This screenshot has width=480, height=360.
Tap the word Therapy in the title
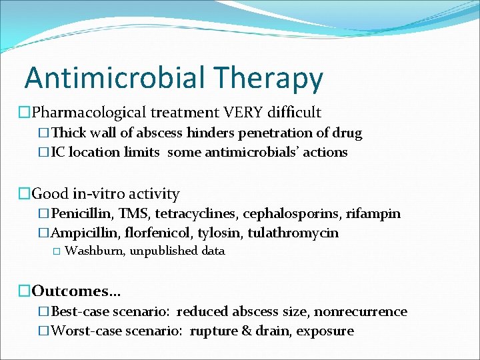pyautogui.click(x=269, y=78)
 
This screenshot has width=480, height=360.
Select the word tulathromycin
pyautogui.click(x=293, y=233)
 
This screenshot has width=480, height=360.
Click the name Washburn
pyautogui.click(x=94, y=251)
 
